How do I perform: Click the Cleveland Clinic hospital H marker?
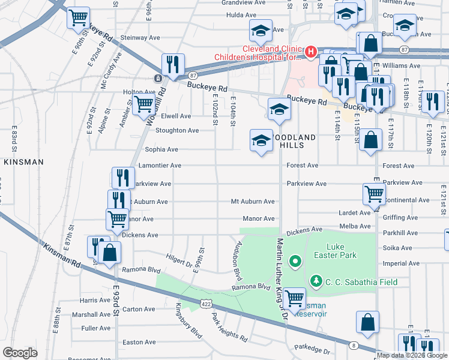pyautogui.click(x=311, y=52)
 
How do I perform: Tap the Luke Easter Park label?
pyautogui.click(x=342, y=251)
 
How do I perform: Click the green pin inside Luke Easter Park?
pyautogui.click(x=295, y=261)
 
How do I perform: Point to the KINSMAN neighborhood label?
pyautogui.click(x=23, y=162)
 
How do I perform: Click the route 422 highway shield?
pyautogui.click(x=206, y=304)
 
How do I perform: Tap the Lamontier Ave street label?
pyautogui.click(x=160, y=166)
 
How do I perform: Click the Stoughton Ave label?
pyautogui.click(x=177, y=130)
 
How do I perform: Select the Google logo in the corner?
pyautogui.click(x=20, y=353)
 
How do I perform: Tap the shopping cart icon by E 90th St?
pyautogui.click(x=78, y=18)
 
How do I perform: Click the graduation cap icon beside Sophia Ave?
pyautogui.click(x=261, y=141)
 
